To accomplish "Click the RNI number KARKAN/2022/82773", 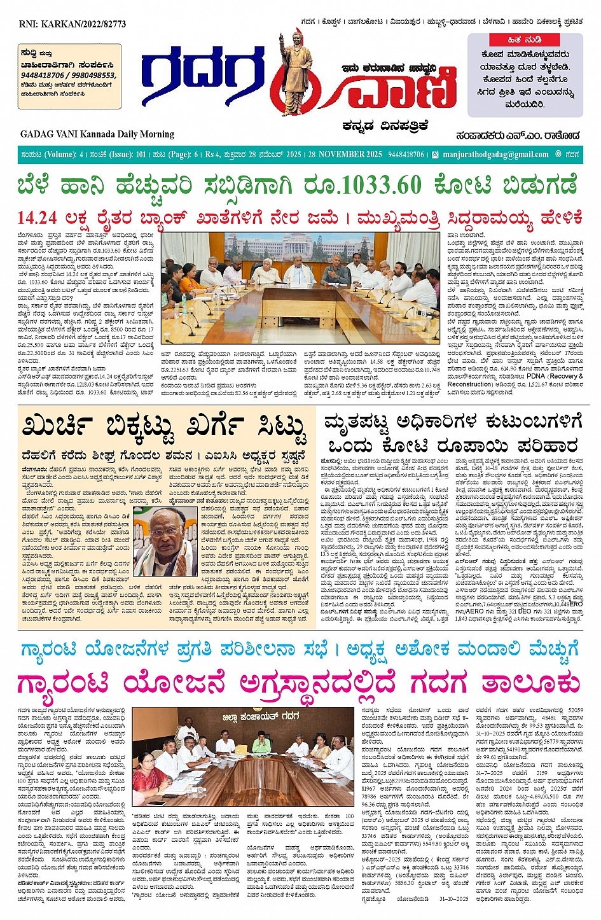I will click(73, 24).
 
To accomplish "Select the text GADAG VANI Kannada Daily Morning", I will click(97, 134).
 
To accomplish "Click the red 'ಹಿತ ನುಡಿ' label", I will click(524, 39).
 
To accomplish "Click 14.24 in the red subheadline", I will click(37, 218).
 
